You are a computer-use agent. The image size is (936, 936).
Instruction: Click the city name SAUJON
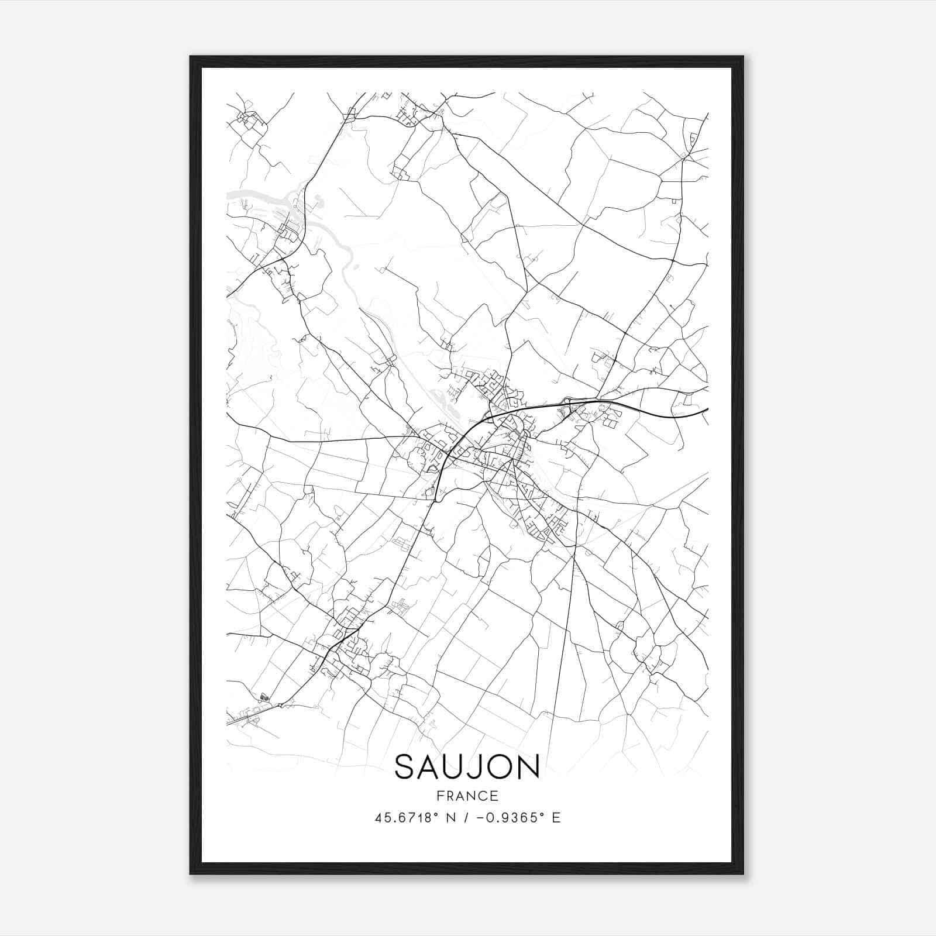[467, 767]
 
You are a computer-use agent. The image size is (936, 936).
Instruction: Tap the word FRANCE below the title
[467, 796]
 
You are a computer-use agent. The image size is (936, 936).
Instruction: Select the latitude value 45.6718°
[406, 818]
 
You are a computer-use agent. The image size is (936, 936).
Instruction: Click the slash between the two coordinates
[465, 818]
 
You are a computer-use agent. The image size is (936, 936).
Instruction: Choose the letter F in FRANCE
[439, 796]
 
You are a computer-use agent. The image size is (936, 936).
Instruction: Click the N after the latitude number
[449, 818]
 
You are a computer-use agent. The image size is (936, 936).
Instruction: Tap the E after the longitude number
[556, 818]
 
